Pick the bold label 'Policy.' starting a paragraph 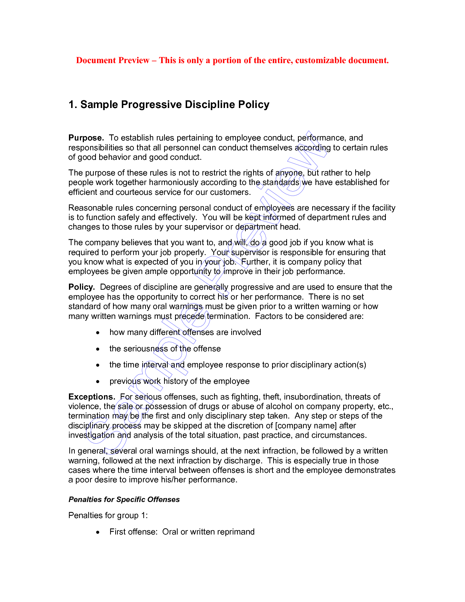(82, 287)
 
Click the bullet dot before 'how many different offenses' (98, 333)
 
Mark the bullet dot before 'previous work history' (98, 382)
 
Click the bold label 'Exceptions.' (92, 397)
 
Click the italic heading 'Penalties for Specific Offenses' (124, 499)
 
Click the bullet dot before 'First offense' (98, 532)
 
